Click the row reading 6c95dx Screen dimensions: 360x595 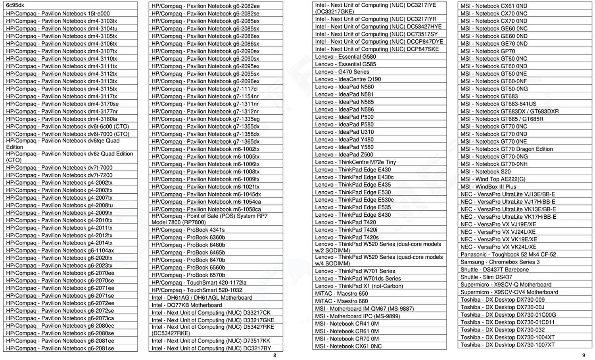[15, 6]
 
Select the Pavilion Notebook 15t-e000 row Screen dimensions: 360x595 [58, 13]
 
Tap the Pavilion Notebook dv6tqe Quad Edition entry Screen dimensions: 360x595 [63, 144]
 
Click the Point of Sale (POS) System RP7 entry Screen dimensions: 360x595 [209, 219]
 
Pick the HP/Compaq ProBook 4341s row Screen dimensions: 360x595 [188, 230]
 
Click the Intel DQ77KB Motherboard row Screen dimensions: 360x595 [187, 305]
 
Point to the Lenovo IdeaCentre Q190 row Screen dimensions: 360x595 [348, 79]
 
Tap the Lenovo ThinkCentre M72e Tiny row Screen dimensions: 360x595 [355, 162]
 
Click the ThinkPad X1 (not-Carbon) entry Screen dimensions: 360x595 [359, 286]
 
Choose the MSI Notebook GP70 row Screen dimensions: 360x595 [488, 51]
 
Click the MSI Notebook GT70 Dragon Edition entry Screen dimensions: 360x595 [507, 149]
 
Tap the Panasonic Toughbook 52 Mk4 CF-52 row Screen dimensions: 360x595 [508, 254]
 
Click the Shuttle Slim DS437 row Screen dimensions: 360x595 [486, 277]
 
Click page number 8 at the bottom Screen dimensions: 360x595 [274, 355]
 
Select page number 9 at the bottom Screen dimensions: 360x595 [583, 355]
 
